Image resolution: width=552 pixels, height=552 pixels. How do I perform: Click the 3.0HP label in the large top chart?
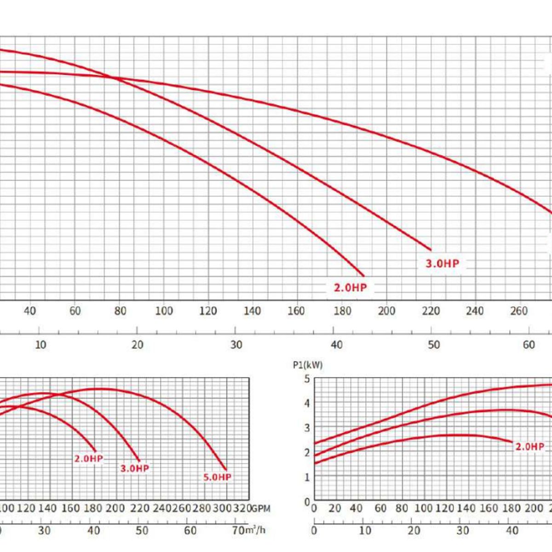coord(442,264)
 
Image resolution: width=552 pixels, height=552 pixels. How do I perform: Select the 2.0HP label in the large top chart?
coord(351,287)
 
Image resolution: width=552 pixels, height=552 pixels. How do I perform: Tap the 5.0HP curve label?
coord(217,477)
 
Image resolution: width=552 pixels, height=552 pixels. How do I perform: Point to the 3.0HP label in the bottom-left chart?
coord(135,468)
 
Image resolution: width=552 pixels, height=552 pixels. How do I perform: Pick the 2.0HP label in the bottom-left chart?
coord(89,459)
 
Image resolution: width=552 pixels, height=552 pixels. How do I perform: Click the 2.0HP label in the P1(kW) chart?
coord(529,447)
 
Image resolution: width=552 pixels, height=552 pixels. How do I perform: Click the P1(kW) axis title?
coord(308,365)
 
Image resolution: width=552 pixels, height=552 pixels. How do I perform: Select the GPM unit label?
coord(261,508)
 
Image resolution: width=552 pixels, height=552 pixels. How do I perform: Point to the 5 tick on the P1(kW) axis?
coord(307,379)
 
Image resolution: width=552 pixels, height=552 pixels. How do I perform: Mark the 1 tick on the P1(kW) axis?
coord(307,477)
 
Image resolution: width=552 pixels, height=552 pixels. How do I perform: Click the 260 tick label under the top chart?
coord(518,311)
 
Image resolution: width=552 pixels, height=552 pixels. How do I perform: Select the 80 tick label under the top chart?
coord(120,311)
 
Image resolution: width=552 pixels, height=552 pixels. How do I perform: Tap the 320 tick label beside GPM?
coord(242,508)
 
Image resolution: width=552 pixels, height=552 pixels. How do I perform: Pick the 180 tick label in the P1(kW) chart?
coord(512,508)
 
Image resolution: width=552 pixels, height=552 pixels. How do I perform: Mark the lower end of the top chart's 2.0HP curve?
coord(363,275)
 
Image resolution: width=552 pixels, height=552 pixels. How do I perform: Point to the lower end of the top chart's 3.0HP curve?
coord(431,249)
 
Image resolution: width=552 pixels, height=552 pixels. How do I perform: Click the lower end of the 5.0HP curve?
coord(225,469)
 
